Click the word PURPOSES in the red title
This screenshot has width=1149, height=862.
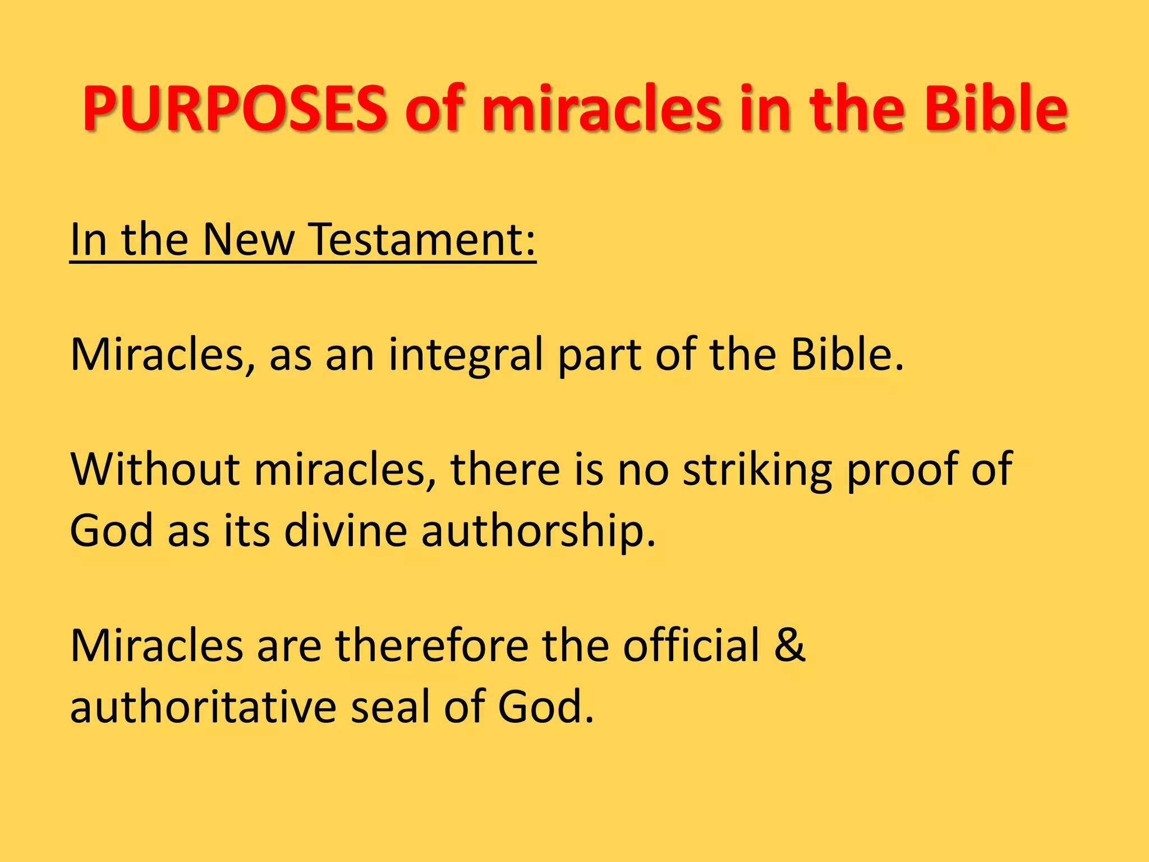pos(235,108)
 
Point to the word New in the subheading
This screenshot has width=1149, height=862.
pos(248,240)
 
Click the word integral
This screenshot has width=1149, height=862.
pos(466,355)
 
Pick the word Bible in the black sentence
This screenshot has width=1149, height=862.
pos(847,355)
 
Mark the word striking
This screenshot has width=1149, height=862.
pos(757,470)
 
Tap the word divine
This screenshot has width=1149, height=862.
pos(346,530)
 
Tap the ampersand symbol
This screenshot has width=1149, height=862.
pos(790,646)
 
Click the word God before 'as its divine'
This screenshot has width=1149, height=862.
pos(112,530)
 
